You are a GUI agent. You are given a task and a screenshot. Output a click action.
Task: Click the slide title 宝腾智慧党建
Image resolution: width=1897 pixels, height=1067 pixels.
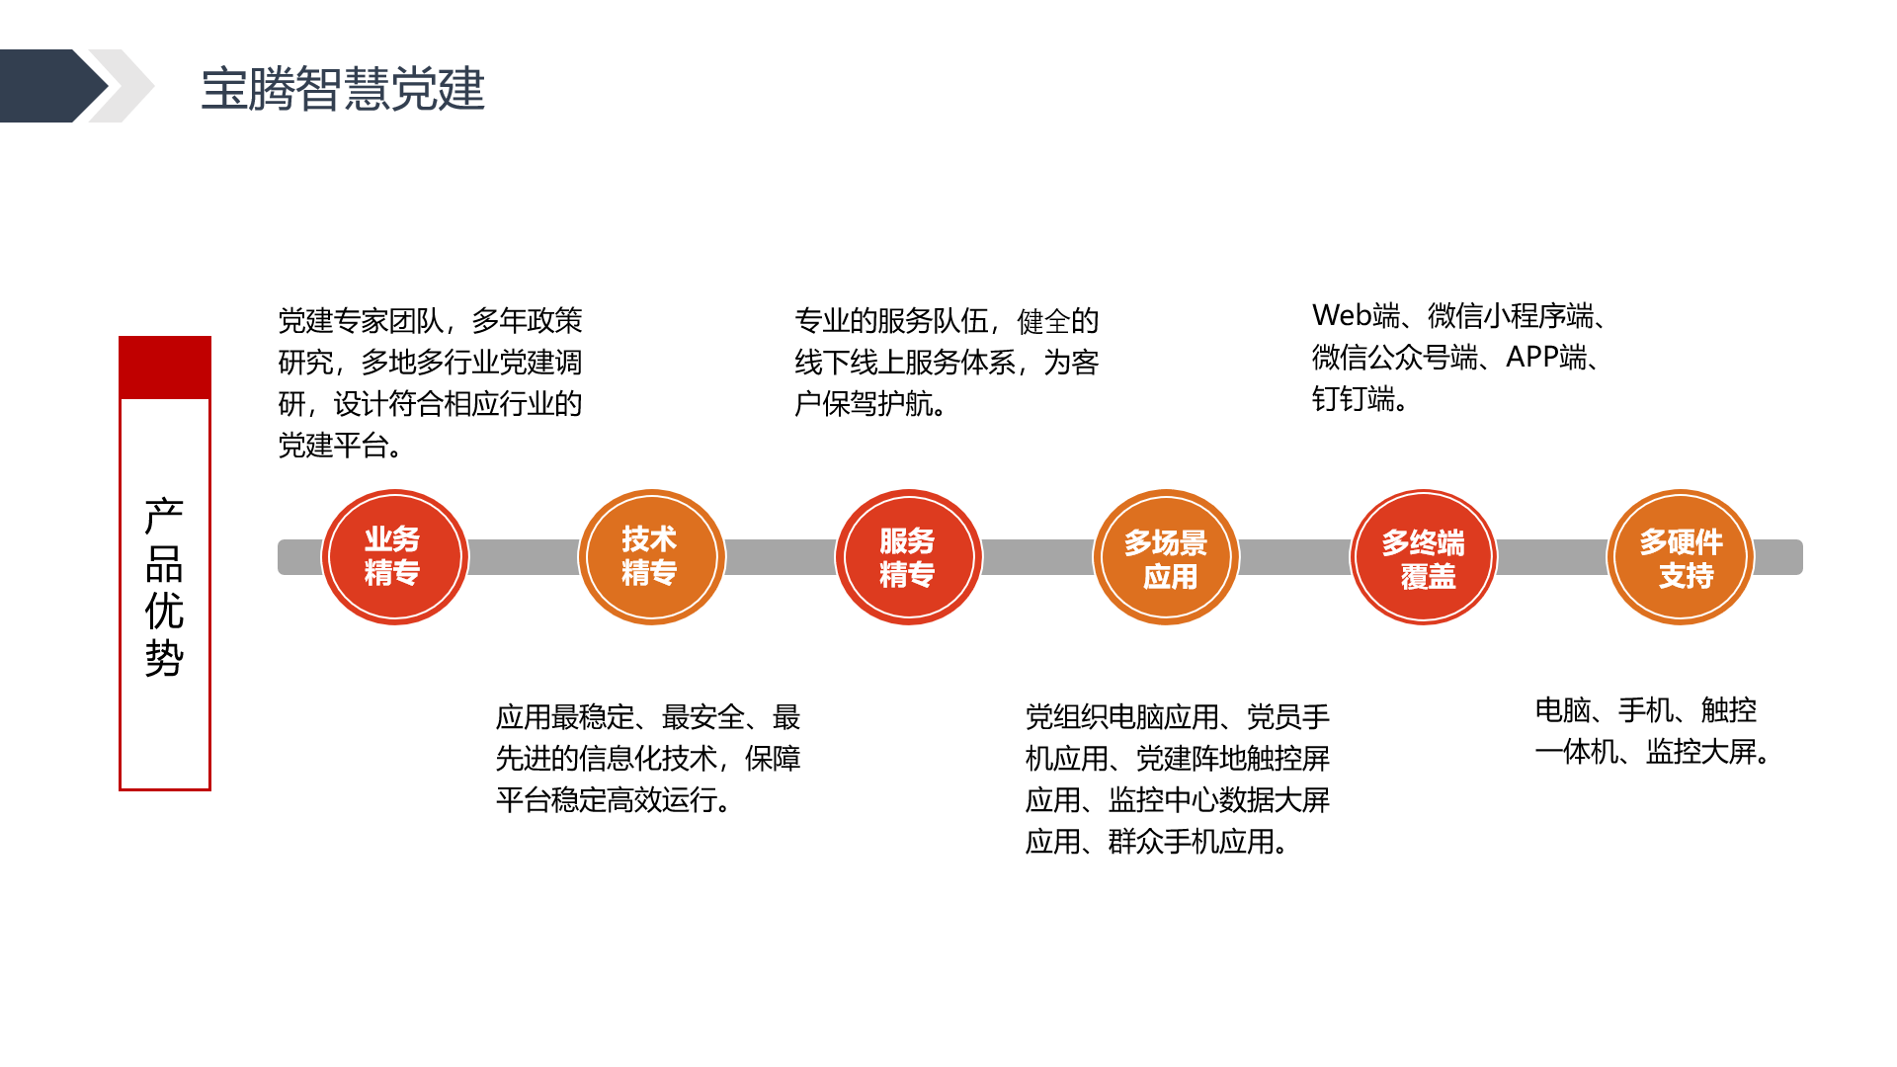click(x=343, y=89)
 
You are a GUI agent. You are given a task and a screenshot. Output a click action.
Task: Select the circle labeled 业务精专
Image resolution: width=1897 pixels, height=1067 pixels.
click(x=395, y=557)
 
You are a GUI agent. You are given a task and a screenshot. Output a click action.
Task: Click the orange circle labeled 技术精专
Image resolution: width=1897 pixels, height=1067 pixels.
click(x=652, y=557)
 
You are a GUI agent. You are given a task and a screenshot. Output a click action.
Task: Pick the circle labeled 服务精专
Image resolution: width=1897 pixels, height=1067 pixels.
click(x=909, y=557)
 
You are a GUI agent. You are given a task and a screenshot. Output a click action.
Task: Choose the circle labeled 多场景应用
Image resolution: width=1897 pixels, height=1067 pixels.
click(x=1166, y=557)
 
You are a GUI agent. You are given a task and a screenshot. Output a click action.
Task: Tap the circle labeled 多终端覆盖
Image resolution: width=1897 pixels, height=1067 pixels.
click(x=1424, y=557)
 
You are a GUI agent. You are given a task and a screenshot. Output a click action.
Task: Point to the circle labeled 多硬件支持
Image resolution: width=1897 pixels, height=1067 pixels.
click(x=1681, y=557)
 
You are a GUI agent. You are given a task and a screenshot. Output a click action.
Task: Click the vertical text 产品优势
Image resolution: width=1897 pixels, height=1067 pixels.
click(x=164, y=587)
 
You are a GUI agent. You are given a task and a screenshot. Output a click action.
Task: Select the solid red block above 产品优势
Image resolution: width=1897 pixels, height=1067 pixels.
click(x=165, y=368)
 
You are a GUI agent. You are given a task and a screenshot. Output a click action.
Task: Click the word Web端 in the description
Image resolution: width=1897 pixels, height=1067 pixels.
click(x=1357, y=316)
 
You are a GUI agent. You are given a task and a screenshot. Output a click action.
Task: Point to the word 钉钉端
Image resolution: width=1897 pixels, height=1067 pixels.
click(x=1354, y=399)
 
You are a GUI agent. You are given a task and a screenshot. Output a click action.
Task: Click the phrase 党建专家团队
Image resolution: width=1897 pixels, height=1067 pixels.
click(x=361, y=321)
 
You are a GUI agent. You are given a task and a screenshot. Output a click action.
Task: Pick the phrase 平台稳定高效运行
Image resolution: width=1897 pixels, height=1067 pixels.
click(x=606, y=800)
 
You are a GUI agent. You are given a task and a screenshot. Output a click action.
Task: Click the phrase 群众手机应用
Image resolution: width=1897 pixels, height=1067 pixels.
click(x=1191, y=842)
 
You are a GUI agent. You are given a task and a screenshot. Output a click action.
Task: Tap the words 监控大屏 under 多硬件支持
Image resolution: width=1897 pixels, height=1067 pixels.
click(x=1700, y=752)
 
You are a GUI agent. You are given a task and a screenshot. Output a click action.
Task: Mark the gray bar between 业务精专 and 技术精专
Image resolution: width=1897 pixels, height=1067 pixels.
click(x=524, y=557)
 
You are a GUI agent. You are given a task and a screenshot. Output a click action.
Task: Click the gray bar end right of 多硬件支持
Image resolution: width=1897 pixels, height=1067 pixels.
click(x=1778, y=557)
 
